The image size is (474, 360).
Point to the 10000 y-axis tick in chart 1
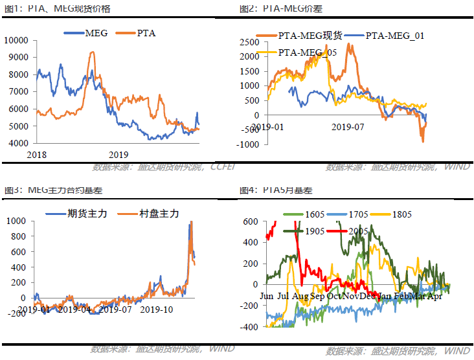(16, 40)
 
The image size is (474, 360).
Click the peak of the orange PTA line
(91, 52)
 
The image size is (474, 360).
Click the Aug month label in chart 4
(300, 297)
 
